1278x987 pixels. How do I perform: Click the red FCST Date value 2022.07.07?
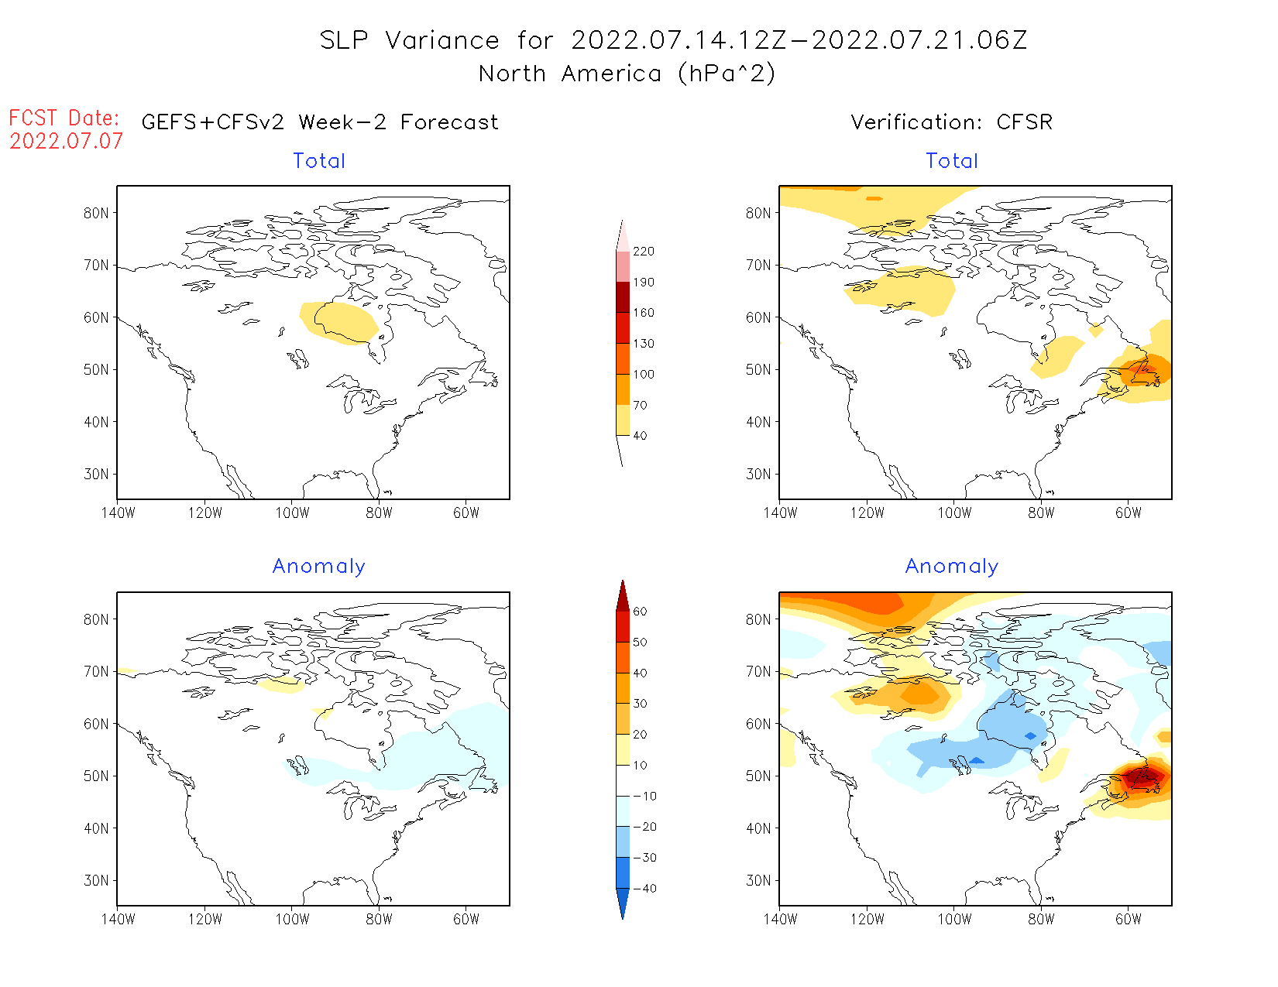click(x=66, y=142)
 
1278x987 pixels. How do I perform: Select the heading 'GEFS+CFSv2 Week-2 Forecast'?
click(x=320, y=122)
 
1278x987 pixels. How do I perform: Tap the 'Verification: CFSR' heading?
click(x=951, y=122)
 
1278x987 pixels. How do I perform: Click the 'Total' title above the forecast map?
click(x=319, y=161)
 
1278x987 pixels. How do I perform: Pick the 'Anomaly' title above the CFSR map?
click(x=952, y=567)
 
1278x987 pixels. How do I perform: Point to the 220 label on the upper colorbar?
click(x=644, y=252)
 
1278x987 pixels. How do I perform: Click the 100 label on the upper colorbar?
click(x=644, y=375)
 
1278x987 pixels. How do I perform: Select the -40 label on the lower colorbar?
click(x=644, y=889)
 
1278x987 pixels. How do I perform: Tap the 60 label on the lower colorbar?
click(x=640, y=612)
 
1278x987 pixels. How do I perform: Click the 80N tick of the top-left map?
click(x=96, y=214)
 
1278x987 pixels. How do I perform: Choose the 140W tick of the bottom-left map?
click(x=118, y=920)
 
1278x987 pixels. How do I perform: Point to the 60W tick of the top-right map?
click(x=1129, y=513)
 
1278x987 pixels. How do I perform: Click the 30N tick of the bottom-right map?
click(x=758, y=881)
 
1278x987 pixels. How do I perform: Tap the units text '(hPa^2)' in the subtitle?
click(x=726, y=74)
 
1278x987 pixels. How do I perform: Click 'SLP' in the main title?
click(x=344, y=40)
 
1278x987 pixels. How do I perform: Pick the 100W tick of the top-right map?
click(x=954, y=513)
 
